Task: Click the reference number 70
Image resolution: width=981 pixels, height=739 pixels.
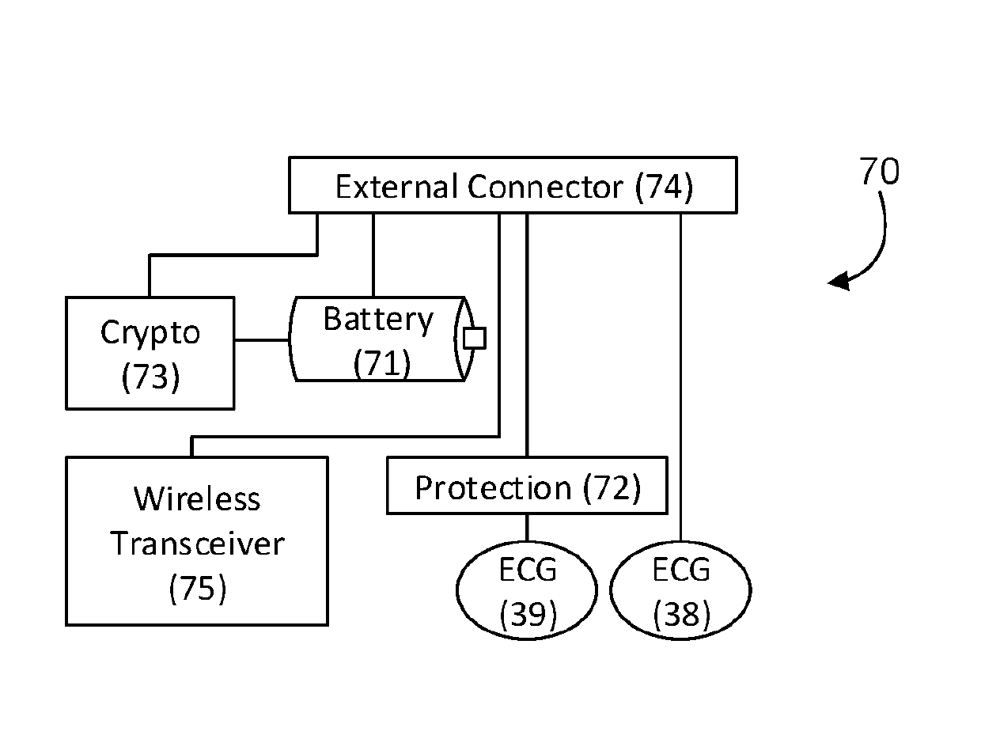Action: pos(879,171)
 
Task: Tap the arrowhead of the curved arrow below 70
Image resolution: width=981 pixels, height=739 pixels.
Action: pos(839,281)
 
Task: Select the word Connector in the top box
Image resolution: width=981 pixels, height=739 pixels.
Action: pos(545,186)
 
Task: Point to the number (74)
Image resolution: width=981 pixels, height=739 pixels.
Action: pos(664,187)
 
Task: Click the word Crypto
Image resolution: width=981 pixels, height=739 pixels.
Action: pos(150,333)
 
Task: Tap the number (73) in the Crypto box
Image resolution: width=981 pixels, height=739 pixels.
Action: pos(150,377)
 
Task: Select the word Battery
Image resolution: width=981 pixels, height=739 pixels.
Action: pos(378,320)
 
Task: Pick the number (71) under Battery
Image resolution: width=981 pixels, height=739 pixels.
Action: pos(381,363)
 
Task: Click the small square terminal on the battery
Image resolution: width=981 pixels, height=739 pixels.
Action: pos(474,338)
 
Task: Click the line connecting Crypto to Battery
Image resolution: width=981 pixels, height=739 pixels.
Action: pos(262,340)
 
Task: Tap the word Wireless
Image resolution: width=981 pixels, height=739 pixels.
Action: pos(197,498)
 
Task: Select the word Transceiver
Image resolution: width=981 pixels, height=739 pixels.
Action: pos(197,544)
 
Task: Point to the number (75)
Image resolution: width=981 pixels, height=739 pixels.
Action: pos(198,589)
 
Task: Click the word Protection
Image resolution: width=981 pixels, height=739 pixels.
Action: pos(493,487)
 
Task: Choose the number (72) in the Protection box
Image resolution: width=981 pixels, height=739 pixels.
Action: pos(612,487)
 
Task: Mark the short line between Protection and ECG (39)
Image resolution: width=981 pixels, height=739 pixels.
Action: pos(527,528)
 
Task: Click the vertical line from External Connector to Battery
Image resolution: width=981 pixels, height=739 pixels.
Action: pos(373,255)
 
